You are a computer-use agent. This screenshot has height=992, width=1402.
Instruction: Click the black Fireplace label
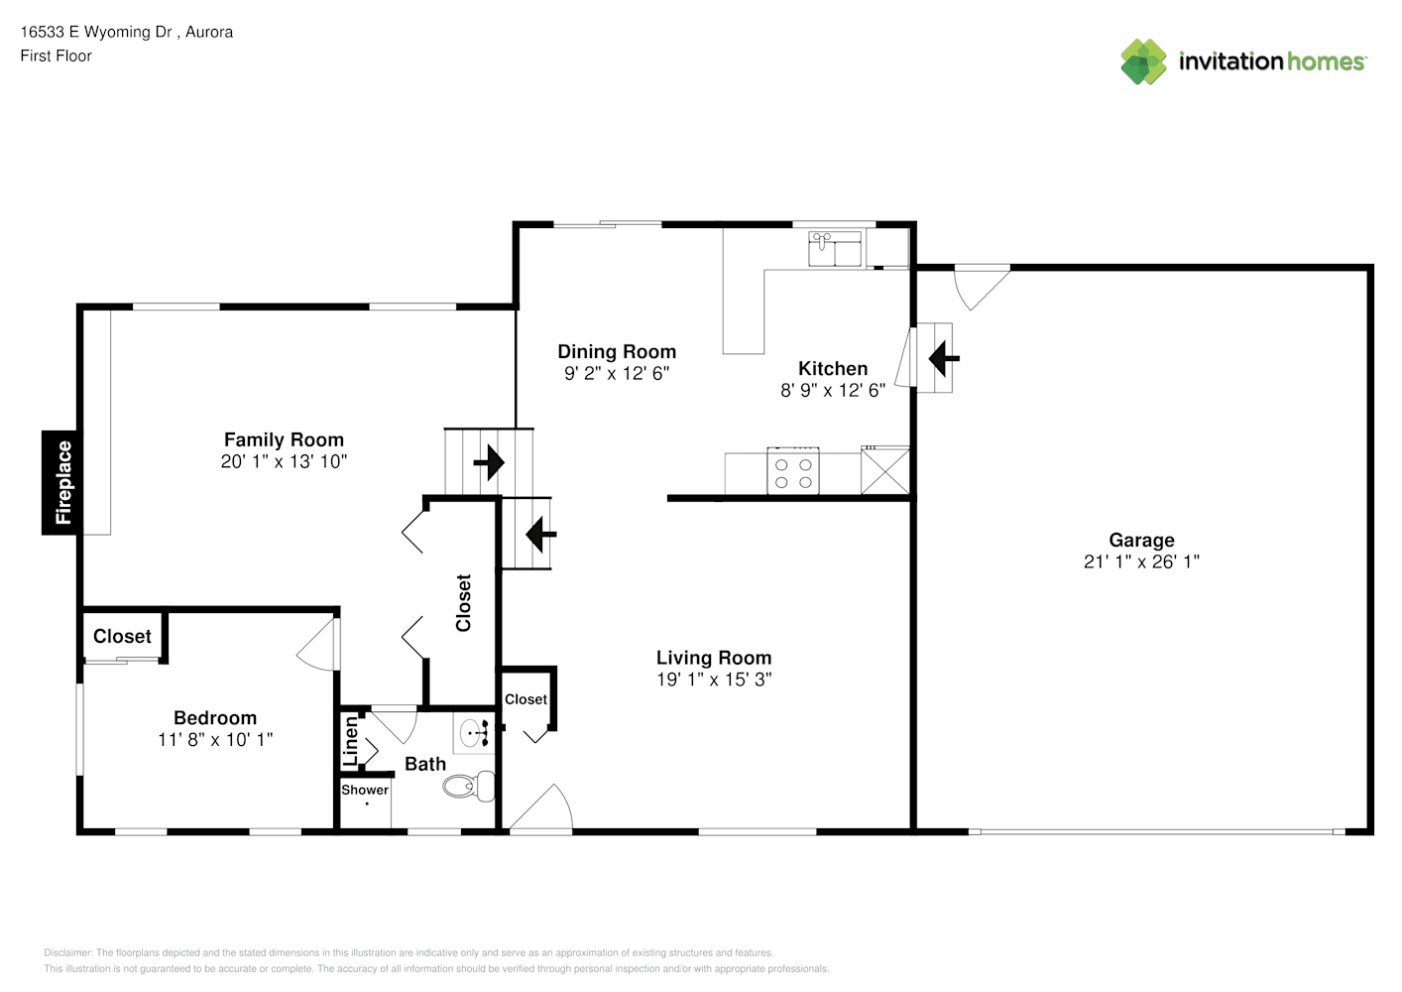60,482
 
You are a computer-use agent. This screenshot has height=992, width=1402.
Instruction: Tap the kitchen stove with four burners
793,471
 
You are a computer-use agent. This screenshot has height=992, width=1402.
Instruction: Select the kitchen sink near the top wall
835,249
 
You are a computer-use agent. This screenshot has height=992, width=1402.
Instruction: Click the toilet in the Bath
469,786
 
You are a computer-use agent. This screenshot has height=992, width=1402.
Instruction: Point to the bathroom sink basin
474,733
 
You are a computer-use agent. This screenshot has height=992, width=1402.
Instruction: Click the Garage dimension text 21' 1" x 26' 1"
1141,561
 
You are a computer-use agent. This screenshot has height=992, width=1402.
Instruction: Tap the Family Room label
284,439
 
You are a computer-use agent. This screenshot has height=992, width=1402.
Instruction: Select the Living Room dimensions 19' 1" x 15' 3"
714,680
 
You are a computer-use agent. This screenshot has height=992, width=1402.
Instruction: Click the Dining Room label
617,351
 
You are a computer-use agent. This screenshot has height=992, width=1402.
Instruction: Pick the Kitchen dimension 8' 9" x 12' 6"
833,390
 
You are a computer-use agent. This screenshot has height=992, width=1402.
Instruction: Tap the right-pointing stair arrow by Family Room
489,463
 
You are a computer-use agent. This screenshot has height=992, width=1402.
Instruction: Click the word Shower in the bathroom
365,790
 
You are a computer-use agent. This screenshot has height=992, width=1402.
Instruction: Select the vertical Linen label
351,741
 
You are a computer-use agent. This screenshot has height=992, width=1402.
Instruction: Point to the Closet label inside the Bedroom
122,636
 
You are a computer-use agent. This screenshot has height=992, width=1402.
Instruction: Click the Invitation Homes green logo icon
1143,62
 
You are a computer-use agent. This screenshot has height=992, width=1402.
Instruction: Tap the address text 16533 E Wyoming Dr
96,32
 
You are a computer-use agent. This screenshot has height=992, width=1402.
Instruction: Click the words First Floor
56,56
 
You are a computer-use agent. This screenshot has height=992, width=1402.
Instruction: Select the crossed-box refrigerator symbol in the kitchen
885,471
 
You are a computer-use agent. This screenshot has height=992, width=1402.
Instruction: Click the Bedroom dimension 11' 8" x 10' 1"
215,740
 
